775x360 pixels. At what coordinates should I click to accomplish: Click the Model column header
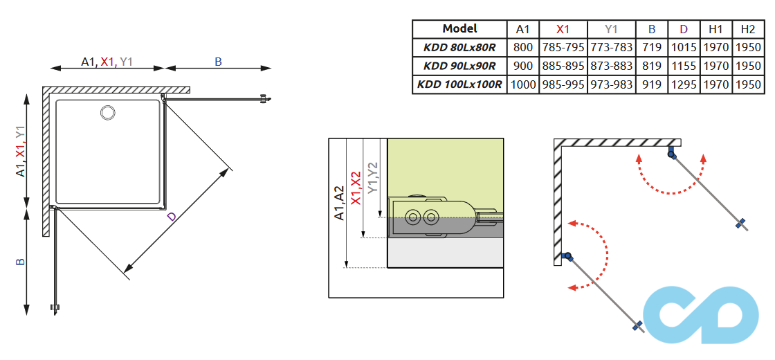click(459, 29)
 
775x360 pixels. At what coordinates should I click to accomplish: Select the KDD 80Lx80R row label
click(459, 48)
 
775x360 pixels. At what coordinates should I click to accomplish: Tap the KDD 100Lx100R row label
click(459, 84)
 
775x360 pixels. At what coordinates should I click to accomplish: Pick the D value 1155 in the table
click(684, 66)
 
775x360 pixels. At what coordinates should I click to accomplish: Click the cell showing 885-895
click(563, 66)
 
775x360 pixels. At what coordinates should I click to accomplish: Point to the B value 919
click(652, 84)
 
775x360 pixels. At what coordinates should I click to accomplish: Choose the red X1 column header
click(563, 29)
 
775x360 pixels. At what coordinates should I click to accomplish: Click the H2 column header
click(747, 29)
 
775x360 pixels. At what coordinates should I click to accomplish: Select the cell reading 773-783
click(610, 48)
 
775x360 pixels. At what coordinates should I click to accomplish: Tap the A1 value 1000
click(523, 84)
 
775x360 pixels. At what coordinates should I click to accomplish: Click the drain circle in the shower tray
click(109, 111)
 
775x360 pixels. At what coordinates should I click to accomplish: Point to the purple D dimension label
click(172, 217)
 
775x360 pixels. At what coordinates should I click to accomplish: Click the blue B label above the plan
click(218, 62)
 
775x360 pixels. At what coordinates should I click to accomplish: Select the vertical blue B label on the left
click(21, 262)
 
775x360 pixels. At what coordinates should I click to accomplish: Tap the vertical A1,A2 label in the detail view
click(339, 203)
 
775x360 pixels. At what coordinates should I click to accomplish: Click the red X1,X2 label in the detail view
click(356, 188)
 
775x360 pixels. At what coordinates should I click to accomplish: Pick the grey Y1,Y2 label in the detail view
click(373, 177)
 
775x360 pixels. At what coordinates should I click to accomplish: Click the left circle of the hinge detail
click(414, 217)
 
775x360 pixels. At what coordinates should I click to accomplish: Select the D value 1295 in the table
click(684, 84)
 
